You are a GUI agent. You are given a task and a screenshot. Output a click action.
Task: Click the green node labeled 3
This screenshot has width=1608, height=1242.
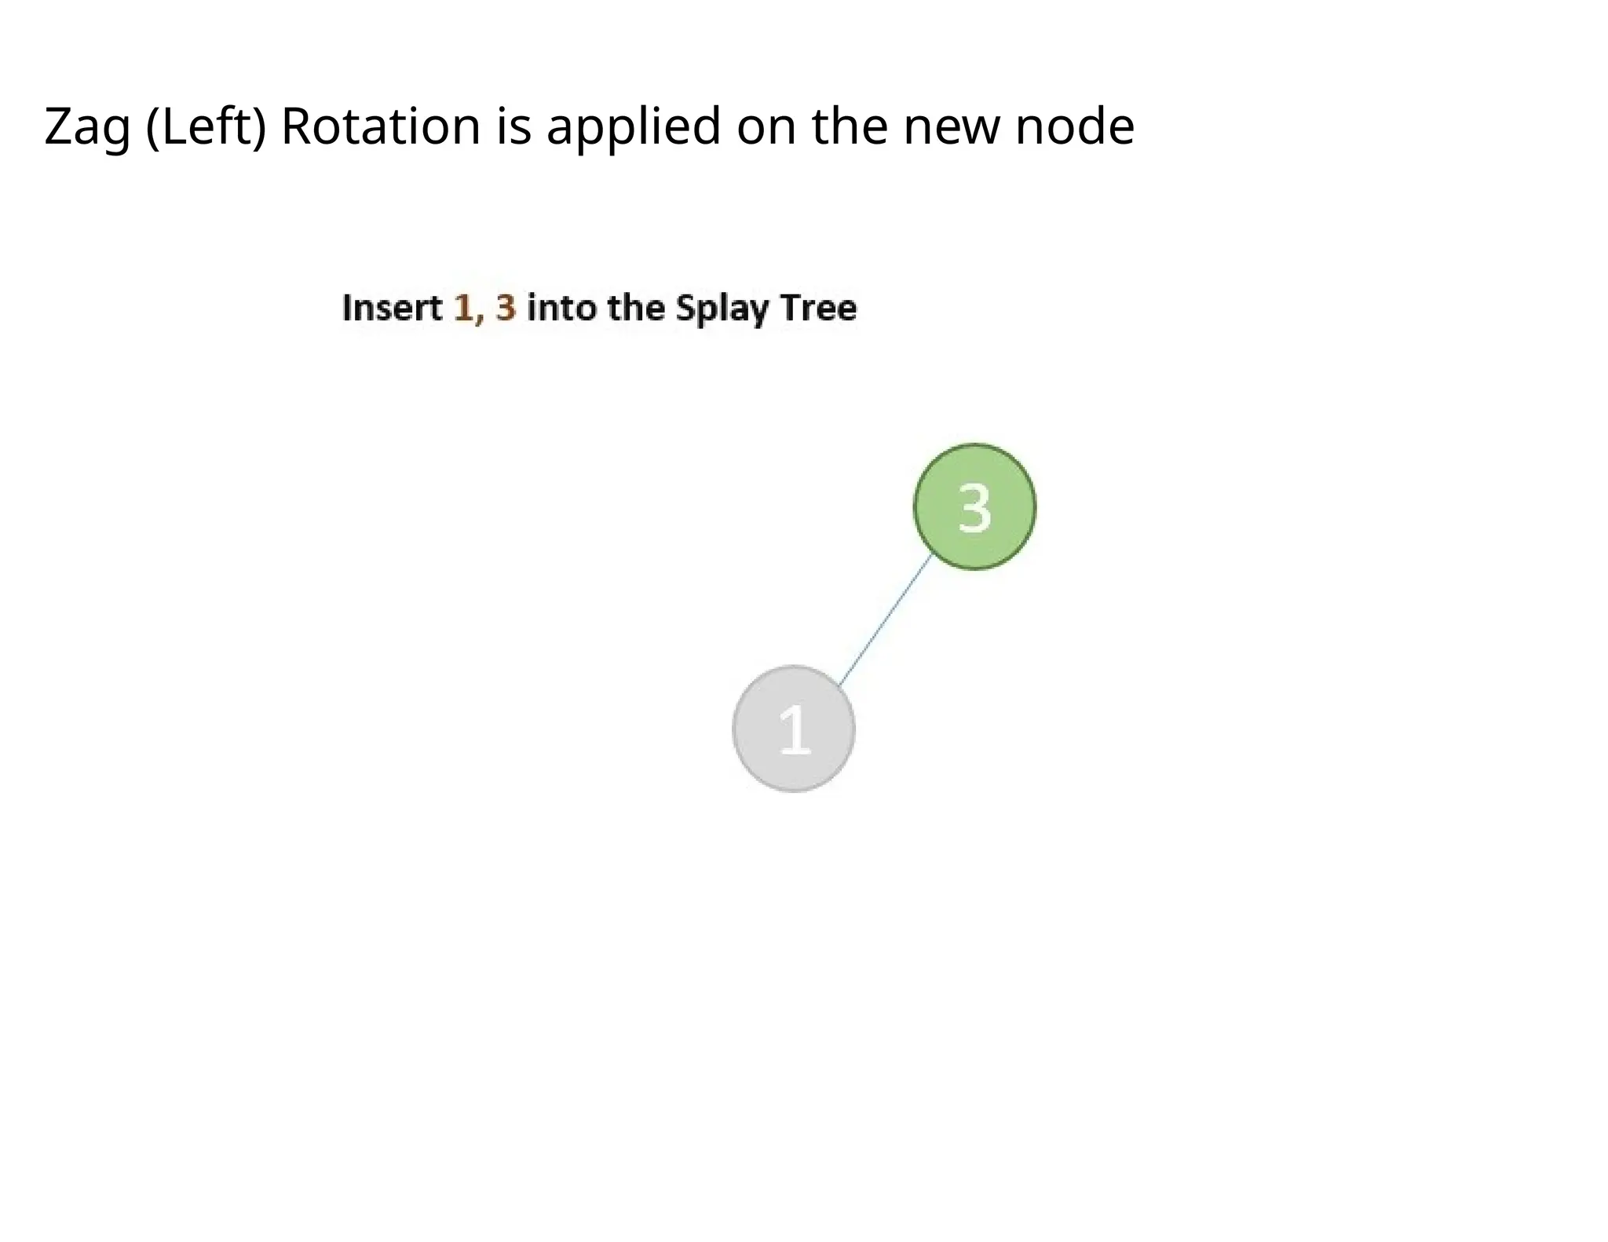[x=974, y=506]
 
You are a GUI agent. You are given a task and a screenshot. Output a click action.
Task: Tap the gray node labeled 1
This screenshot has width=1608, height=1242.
[x=793, y=729]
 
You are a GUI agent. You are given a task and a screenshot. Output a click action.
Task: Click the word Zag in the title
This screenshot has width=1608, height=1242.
[x=86, y=127]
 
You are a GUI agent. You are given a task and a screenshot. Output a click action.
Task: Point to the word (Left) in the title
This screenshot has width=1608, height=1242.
[x=206, y=127]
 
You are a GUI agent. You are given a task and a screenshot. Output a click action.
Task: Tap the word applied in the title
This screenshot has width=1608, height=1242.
[x=633, y=127]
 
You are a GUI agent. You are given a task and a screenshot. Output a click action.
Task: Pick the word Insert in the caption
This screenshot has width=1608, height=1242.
[x=393, y=308]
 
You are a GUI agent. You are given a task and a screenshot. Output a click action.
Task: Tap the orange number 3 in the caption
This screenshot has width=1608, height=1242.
[x=506, y=308]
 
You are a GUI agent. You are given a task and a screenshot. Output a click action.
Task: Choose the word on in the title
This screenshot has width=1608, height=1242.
[x=766, y=127]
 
